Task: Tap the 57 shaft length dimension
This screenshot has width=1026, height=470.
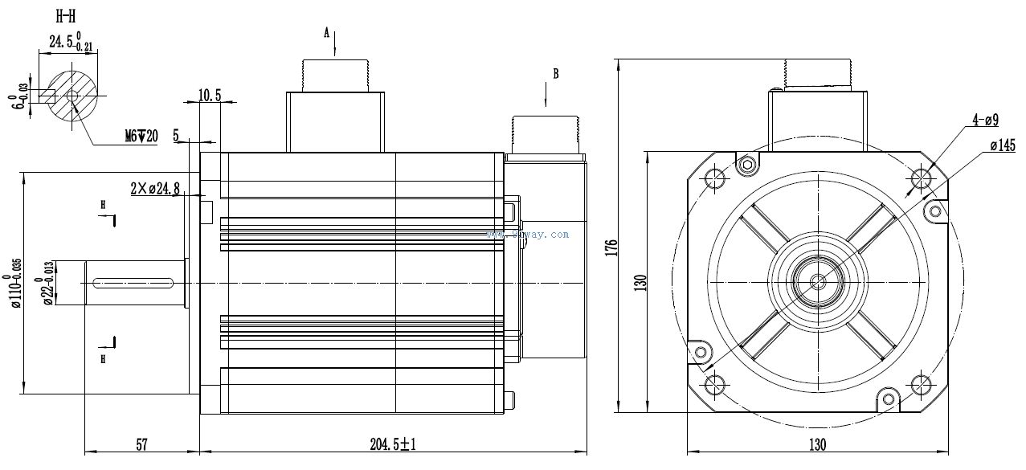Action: pos(141,444)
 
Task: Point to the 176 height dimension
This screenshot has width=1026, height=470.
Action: pos(610,245)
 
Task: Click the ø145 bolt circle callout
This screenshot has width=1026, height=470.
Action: pos(1003,146)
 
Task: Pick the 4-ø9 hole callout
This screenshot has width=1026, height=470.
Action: pos(985,121)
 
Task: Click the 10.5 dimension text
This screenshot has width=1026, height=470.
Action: pos(209,96)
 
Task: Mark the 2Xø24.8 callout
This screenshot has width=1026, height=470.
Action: pos(155,189)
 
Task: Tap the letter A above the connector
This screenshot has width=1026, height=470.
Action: pos(327,33)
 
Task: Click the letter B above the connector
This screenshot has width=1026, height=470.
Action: pos(554,74)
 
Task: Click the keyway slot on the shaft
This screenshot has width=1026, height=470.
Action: pos(134,282)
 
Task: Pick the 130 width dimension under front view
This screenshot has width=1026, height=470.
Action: pos(817,444)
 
